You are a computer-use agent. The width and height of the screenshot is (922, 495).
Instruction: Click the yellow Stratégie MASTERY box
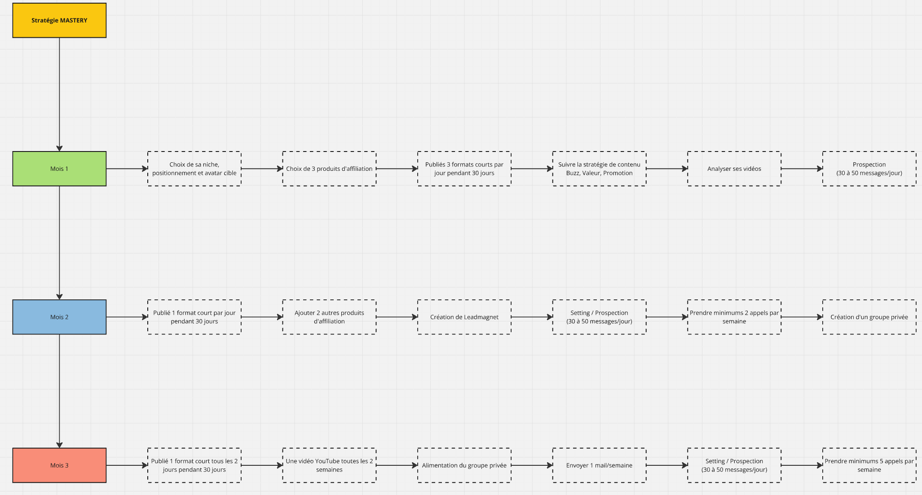(x=59, y=20)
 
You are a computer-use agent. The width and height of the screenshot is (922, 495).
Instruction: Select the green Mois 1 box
(x=59, y=169)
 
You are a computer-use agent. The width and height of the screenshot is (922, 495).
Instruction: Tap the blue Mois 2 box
(x=59, y=317)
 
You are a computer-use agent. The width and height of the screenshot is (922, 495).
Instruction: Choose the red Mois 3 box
(x=59, y=465)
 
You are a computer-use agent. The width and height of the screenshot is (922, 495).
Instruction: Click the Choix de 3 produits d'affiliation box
(x=329, y=169)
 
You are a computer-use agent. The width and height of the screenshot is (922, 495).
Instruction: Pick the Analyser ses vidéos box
(x=734, y=169)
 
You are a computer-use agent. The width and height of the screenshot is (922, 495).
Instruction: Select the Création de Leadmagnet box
(x=464, y=317)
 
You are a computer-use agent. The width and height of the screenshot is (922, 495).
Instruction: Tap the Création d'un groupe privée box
(x=869, y=317)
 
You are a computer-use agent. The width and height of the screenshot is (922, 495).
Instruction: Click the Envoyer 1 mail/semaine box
(x=599, y=465)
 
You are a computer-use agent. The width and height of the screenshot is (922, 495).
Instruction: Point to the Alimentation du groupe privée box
(x=464, y=465)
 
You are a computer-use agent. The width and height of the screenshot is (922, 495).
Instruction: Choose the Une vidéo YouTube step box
(x=329, y=465)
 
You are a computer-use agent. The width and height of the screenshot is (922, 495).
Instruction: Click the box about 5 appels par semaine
(x=869, y=465)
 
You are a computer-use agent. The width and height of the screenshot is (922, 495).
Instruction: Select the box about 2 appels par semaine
(x=734, y=317)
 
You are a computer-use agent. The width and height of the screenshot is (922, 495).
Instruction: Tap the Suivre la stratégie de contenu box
(x=599, y=169)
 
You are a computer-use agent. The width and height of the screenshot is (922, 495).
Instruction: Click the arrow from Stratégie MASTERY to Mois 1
(x=59, y=94)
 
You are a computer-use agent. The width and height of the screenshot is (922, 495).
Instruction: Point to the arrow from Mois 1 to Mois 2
(x=59, y=243)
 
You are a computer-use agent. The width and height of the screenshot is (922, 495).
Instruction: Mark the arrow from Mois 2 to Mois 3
(x=59, y=391)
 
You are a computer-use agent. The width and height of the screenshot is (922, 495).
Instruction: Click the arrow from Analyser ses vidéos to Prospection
(x=802, y=169)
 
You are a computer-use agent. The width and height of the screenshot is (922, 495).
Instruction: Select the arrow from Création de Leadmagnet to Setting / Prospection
(x=532, y=317)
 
